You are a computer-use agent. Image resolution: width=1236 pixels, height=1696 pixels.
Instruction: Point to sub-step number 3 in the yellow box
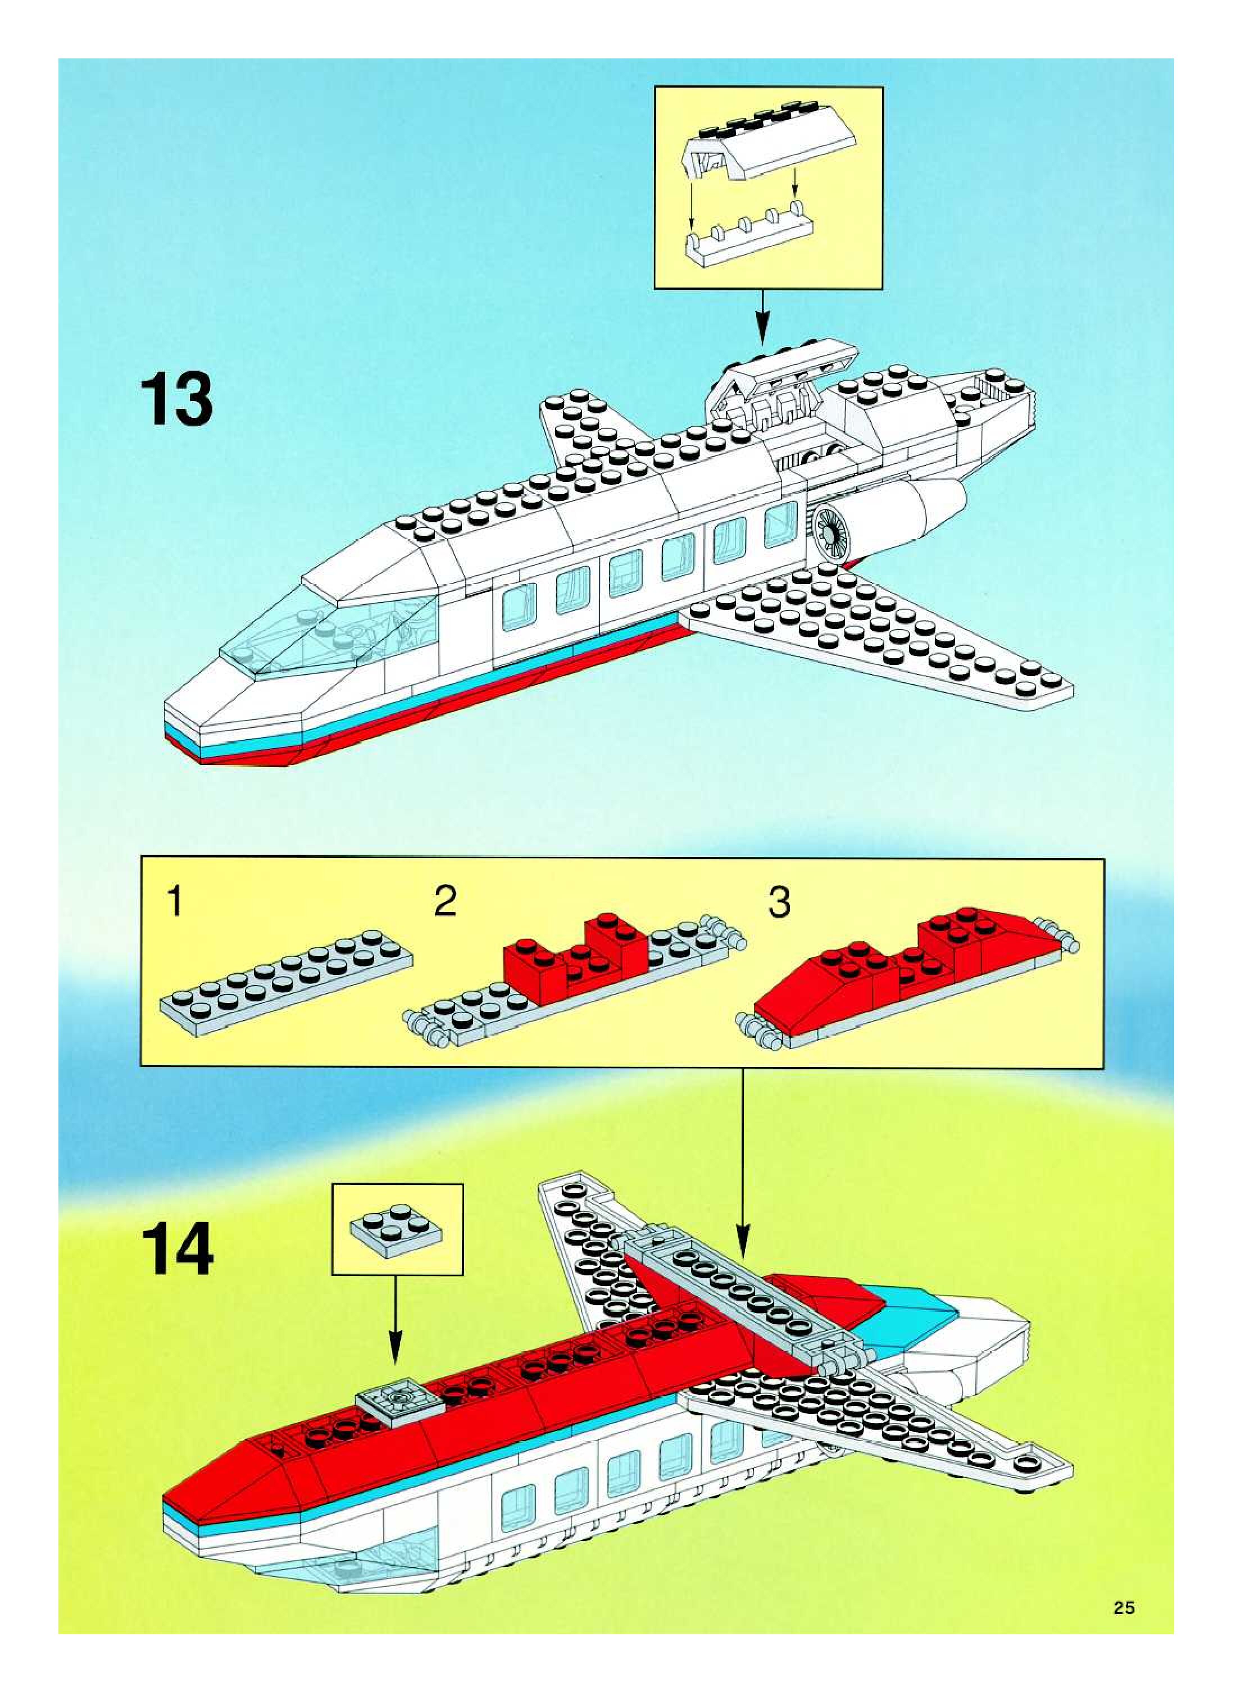click(x=779, y=902)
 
